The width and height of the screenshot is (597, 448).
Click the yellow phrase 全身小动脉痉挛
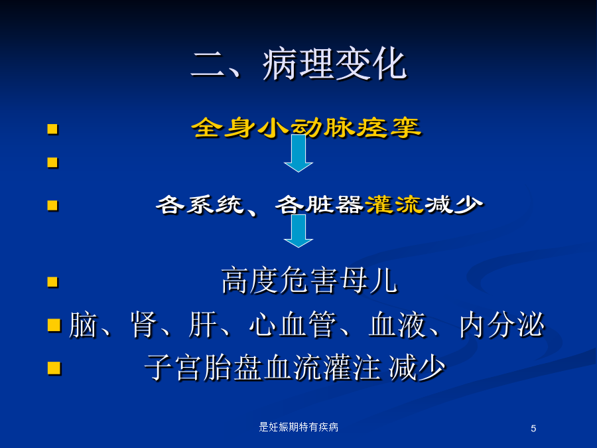(306, 127)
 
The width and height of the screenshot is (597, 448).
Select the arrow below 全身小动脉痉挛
(298, 153)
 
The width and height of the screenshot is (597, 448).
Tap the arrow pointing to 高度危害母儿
(298, 231)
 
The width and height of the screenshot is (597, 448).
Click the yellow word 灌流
(394, 204)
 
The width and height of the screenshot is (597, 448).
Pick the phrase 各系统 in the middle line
(200, 204)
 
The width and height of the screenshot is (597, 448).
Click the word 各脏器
(319, 204)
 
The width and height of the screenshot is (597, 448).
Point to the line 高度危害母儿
(309, 281)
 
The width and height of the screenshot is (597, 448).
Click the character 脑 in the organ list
(83, 325)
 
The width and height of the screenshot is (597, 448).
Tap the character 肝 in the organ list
(202, 325)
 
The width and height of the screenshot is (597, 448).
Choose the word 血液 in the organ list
(397, 325)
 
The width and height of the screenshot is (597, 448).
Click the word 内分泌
(502, 325)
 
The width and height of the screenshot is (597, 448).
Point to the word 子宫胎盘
(204, 368)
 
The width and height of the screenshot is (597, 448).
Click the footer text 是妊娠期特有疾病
(298, 427)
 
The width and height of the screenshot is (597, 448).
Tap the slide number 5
(533, 429)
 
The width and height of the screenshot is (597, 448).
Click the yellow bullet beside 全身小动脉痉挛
(52, 129)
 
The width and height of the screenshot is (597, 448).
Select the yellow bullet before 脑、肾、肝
(54, 326)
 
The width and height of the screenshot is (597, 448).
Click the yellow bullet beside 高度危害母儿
(52, 282)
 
